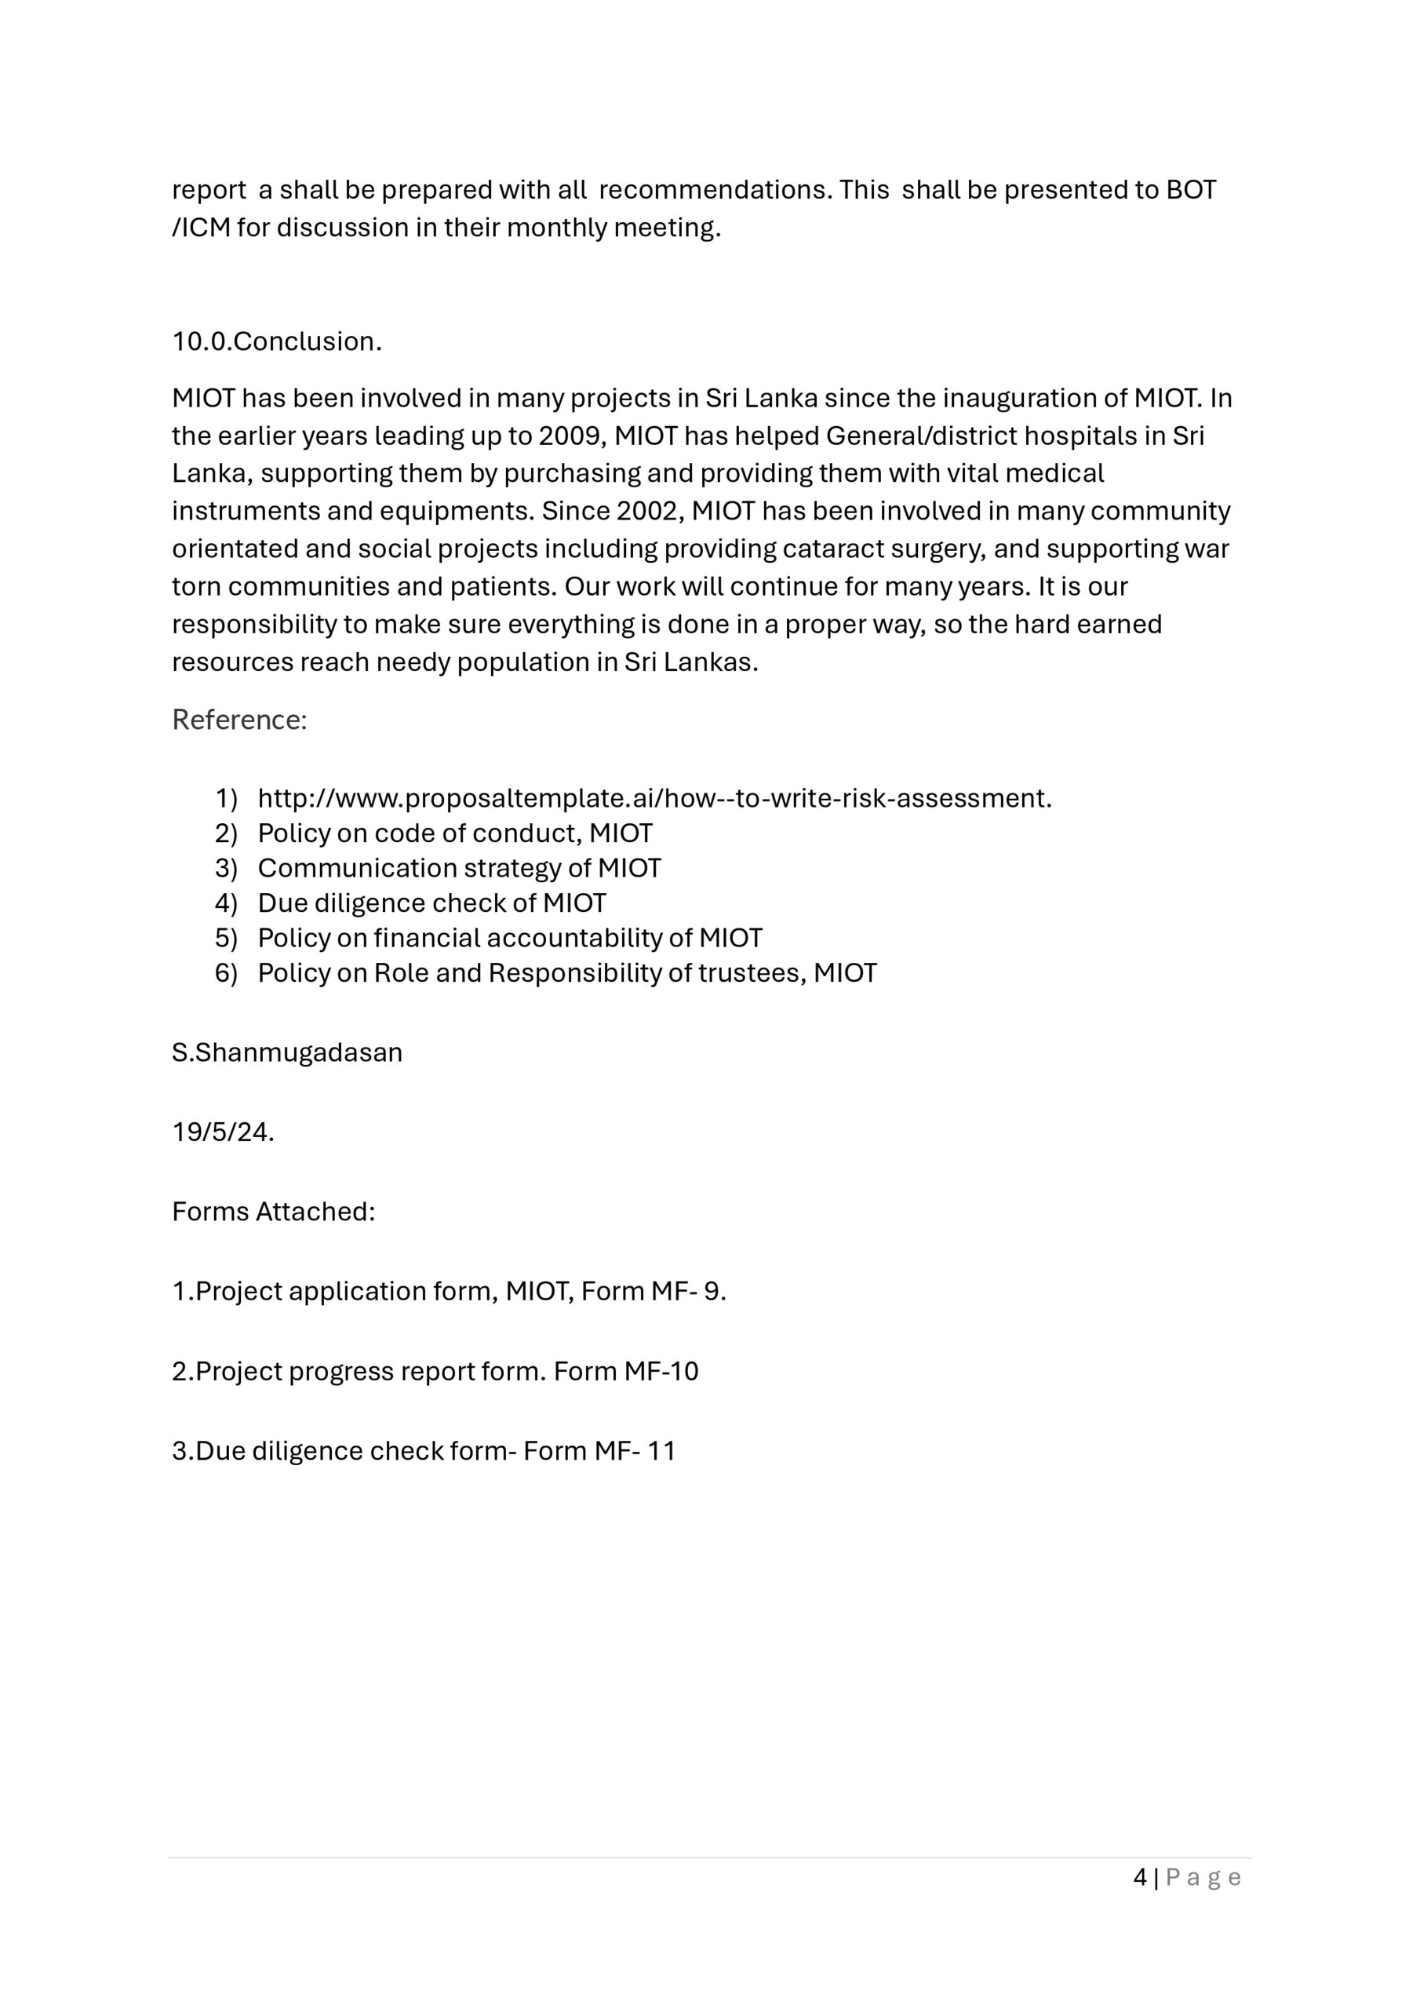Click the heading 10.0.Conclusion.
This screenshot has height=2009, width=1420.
click(276, 341)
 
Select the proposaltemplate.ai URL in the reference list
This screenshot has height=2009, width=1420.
click(654, 798)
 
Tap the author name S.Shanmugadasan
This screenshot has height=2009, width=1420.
click(287, 1052)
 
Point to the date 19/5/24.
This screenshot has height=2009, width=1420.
click(223, 1132)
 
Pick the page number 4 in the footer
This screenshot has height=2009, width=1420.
click(1139, 1877)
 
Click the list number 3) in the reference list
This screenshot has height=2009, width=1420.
click(226, 868)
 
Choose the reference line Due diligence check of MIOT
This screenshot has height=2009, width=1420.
click(431, 903)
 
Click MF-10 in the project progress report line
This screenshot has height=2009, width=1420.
click(661, 1371)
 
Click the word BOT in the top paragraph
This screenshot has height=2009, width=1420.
click(1191, 190)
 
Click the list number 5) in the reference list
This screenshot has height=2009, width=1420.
click(226, 938)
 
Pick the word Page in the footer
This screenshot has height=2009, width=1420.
click(1203, 1877)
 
